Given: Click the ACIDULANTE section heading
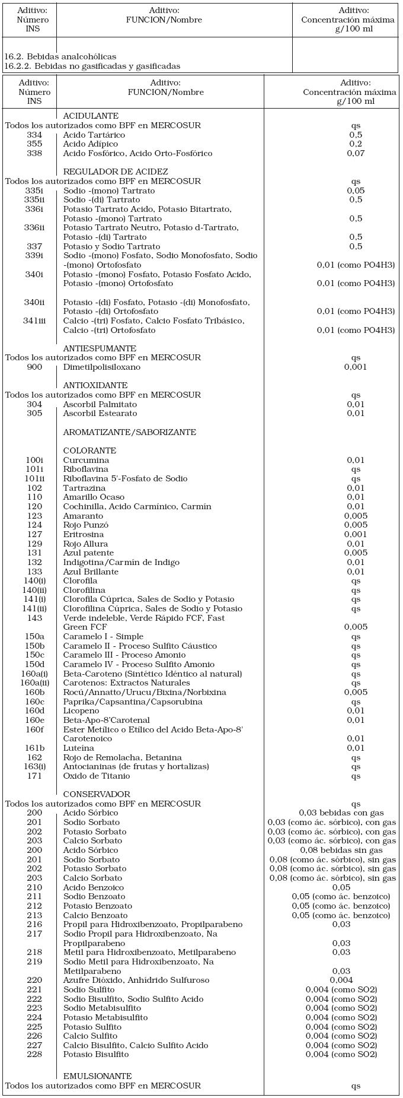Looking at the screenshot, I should pos(91,116).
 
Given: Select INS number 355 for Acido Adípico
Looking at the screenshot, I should pos(34,144).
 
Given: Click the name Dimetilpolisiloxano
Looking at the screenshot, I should pos(102,367).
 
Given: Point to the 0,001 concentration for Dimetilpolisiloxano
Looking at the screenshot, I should pos(356,367).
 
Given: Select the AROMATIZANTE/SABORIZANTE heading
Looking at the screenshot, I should pos(129,432).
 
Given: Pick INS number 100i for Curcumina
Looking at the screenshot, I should pos(34,460).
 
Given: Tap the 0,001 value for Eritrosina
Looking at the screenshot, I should pos(356,534).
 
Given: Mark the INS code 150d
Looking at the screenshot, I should pos(34,665).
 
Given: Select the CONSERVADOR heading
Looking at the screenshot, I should pos(96,794).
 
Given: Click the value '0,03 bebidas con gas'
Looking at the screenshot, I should pos(341,813).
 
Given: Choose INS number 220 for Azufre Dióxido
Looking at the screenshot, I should pos(34,980).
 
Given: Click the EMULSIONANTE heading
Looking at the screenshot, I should pos(97,1076).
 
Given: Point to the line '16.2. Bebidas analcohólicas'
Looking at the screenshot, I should pos(60,56).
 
